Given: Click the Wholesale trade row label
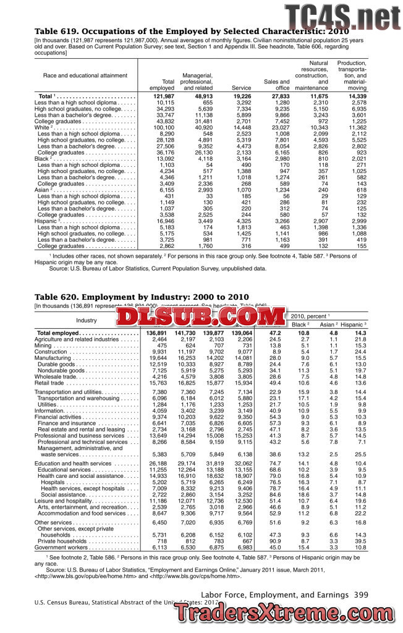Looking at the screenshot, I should pyautogui.click(x=59, y=376).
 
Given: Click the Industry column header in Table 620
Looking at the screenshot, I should pyautogui.click(x=87, y=320).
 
